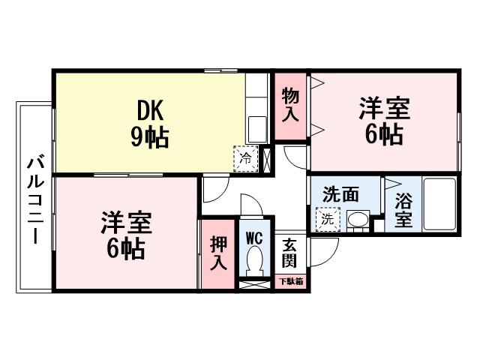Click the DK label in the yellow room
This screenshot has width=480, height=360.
click(x=152, y=110)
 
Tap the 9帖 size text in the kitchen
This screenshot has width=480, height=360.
click(x=152, y=136)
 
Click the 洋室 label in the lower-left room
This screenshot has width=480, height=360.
click(x=127, y=223)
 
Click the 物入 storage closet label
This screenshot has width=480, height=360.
click(x=291, y=105)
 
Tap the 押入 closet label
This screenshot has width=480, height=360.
click(x=217, y=253)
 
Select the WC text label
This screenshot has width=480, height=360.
click(x=254, y=237)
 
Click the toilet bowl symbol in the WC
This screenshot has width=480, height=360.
click(x=254, y=262)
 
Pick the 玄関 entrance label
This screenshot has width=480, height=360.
click(x=289, y=253)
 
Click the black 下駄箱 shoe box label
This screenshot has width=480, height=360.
click(x=292, y=282)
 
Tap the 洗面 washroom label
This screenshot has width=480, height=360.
click(x=340, y=194)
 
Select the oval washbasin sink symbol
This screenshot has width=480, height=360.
click(x=358, y=220)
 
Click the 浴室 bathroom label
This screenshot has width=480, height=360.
click(x=403, y=211)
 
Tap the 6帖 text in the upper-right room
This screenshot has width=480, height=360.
click(x=383, y=136)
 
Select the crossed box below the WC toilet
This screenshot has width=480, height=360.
click(x=253, y=285)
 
